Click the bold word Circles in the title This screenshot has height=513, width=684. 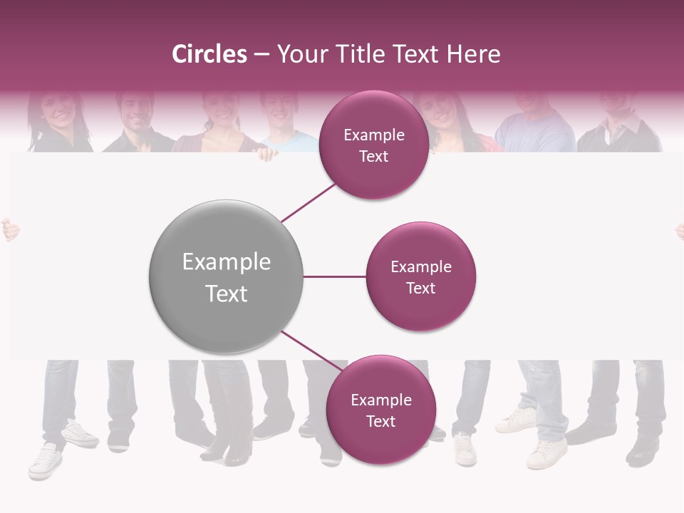209,54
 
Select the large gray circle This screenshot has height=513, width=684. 226,276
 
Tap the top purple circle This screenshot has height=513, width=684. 373,145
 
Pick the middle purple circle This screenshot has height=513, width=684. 420,276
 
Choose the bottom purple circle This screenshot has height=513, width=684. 380,410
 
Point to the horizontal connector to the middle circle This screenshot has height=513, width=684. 334,276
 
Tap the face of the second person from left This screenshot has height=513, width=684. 135,110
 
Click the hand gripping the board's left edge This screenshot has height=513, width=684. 9,230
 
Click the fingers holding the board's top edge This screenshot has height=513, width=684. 266,153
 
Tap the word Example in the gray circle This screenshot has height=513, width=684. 227,262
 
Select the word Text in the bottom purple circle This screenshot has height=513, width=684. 380,421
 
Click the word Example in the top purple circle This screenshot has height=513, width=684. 374,135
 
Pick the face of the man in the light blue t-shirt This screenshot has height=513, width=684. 281,110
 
